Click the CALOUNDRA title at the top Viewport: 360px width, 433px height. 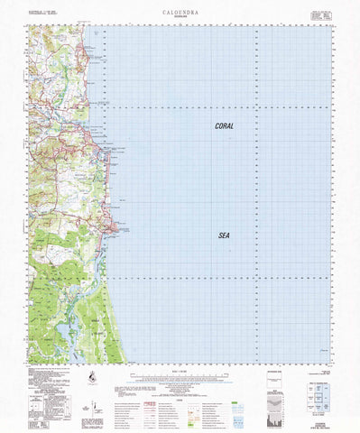pos(180,13)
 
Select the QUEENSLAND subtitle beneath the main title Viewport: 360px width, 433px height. pos(180,19)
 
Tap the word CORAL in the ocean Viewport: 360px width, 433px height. pos(224,126)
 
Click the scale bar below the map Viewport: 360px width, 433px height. pos(180,379)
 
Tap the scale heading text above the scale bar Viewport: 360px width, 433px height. pos(180,372)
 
